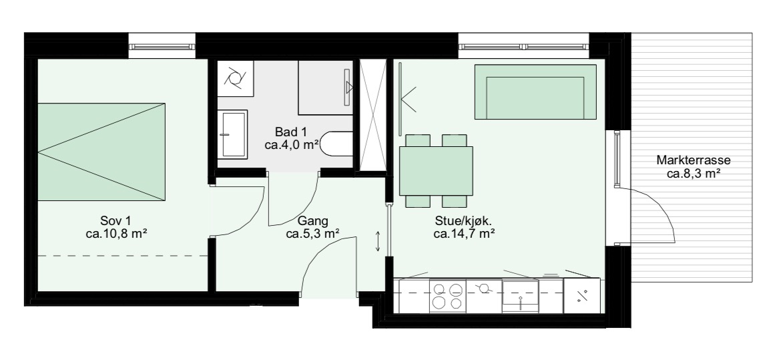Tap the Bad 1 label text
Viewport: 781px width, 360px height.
tap(291, 132)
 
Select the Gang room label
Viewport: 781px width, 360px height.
tap(313, 221)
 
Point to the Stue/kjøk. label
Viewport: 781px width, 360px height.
tap(464, 221)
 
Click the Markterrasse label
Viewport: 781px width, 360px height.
tap(694, 160)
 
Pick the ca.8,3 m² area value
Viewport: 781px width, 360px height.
tap(694, 174)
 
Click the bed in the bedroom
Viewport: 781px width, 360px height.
tap(101, 152)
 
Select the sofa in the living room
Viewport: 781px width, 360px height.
tap(535, 92)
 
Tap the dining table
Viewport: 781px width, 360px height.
tap(436, 170)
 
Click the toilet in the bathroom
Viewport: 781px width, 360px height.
tap(336, 144)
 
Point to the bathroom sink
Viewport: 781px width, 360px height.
tap(232, 135)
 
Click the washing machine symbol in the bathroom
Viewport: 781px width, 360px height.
tap(235, 78)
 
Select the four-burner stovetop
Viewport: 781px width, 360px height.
tap(448, 296)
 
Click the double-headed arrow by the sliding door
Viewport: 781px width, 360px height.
tap(378, 241)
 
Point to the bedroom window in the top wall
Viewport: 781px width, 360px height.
tap(162, 47)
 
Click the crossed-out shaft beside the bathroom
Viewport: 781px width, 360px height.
tap(372, 115)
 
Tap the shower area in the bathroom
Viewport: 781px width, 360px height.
tap(326, 87)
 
